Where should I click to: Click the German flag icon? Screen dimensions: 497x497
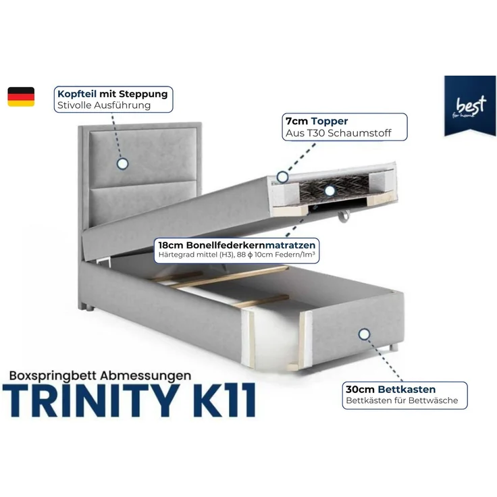(21, 97)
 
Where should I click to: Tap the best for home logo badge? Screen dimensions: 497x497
(465, 107)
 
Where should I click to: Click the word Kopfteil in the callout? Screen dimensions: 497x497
(76, 94)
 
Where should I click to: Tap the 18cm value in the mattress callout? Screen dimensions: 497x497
(168, 244)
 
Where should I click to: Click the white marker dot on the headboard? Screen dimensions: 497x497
(123, 163)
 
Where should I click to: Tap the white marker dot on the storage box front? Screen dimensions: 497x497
(365, 334)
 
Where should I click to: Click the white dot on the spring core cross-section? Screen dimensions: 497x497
(329, 190)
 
